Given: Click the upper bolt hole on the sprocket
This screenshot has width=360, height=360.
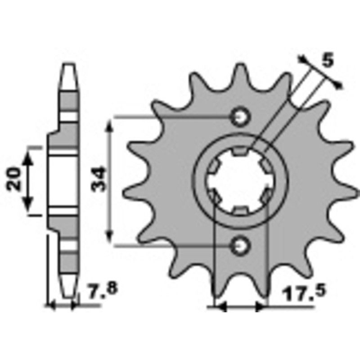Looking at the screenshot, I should (240, 117).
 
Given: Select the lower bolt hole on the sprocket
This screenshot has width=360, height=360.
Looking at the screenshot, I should (240, 245).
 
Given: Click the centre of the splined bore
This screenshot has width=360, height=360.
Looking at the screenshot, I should (239, 181).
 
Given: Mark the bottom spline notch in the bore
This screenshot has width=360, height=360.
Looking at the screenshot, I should (240, 210).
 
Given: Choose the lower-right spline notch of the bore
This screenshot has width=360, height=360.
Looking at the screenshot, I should (265, 196).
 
